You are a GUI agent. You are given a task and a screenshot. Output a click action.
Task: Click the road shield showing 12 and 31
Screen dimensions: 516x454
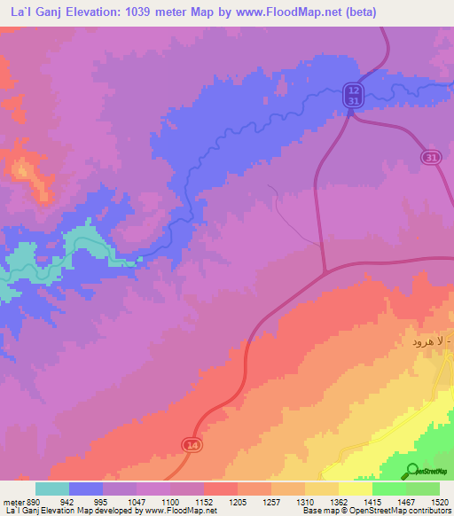(354, 96)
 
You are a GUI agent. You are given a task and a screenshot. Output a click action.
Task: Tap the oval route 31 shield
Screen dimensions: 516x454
(430, 157)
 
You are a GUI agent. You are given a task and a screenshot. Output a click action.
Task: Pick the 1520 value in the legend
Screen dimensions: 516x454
(440, 501)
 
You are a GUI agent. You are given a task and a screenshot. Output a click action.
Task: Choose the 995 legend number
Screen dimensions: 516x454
(105, 501)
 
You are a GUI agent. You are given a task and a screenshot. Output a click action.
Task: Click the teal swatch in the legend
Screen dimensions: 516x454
(52, 489)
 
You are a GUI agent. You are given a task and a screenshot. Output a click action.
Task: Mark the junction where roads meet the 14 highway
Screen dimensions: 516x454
(325, 270)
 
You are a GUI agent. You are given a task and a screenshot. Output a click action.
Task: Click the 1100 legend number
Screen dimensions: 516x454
(172, 501)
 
